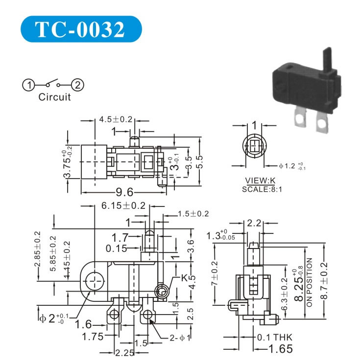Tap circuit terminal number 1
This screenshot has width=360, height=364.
(x=28, y=85)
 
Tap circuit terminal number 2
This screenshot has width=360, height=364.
(x=78, y=85)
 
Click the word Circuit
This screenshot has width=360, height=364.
(x=54, y=97)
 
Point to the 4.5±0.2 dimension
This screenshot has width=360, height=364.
(x=116, y=119)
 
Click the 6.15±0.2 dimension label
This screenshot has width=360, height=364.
(x=123, y=206)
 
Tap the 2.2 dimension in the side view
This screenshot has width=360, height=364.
(x=254, y=224)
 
